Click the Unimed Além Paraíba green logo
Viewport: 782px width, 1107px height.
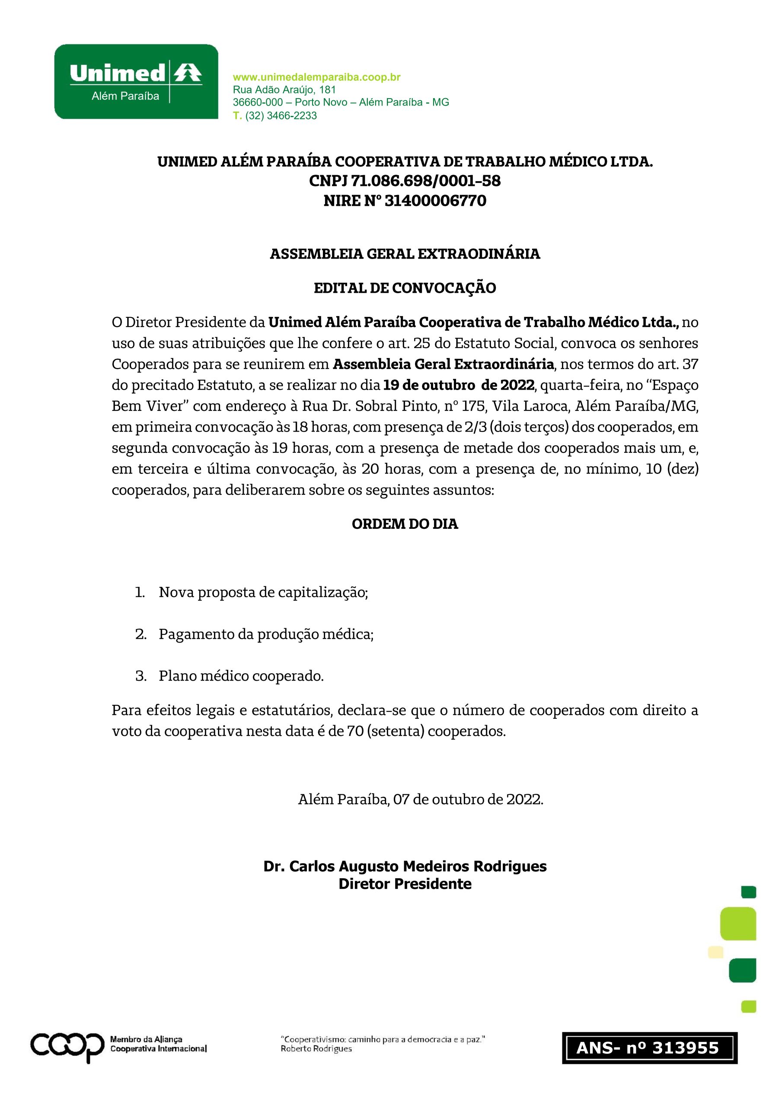coord(136,81)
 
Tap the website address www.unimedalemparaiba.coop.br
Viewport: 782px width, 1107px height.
coord(316,77)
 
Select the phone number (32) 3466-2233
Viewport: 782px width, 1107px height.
coord(281,116)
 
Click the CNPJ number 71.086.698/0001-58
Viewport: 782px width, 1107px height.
coord(425,181)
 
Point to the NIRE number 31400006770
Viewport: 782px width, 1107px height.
coord(435,201)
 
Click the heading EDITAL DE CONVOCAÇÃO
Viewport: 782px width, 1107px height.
coord(405,288)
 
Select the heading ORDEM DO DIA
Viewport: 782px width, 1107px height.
coord(405,524)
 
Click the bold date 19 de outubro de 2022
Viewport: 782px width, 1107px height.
coord(459,385)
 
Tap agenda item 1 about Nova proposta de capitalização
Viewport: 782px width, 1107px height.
coord(263,592)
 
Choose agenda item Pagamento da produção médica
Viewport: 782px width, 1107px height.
coord(266,634)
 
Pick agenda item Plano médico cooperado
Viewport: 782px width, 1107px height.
coord(241,676)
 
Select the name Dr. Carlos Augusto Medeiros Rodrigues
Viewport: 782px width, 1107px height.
coord(405,867)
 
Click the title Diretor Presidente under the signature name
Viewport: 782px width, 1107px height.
coord(405,884)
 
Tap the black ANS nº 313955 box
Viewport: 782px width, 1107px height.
coord(649,1048)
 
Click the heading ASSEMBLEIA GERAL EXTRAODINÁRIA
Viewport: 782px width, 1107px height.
coord(405,253)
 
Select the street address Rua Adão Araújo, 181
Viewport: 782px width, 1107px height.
coord(284,90)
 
